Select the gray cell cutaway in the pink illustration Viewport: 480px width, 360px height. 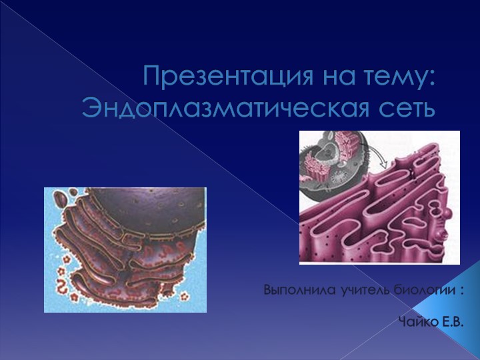tap(330, 163)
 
